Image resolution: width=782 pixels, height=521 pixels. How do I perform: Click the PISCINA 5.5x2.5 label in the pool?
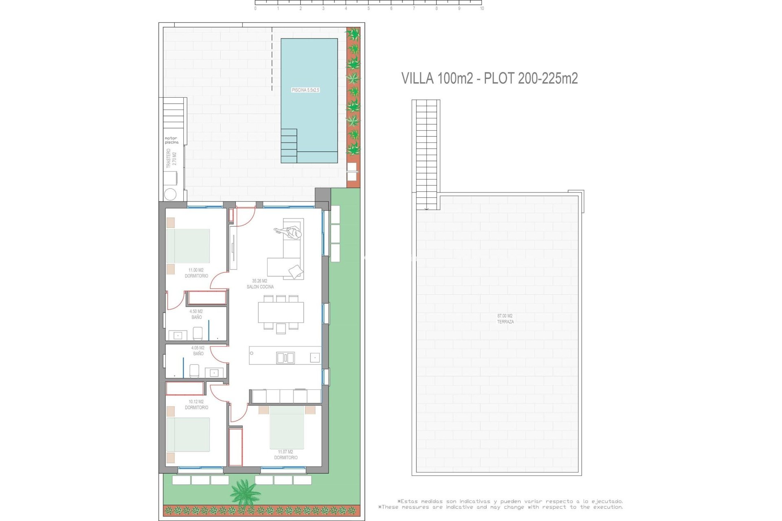305,90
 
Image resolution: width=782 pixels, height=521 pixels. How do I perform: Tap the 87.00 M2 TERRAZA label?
505,319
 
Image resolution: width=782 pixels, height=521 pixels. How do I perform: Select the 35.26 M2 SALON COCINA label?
260,284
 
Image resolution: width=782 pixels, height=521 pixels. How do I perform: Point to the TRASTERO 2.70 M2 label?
171,158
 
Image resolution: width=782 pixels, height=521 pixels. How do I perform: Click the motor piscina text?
171,140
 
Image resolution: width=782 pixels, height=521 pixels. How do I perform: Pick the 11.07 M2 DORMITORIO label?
286,455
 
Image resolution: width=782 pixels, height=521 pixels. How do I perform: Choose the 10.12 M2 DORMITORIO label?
196,405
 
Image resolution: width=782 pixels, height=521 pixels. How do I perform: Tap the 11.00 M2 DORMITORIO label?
196,273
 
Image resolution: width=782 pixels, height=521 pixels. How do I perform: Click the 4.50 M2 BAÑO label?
196,314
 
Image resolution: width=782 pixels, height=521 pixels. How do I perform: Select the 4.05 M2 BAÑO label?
198,350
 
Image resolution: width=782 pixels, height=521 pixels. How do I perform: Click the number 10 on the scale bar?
482,9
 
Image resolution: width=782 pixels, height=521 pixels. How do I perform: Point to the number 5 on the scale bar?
369,9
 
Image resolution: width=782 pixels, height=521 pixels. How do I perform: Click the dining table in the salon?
281,312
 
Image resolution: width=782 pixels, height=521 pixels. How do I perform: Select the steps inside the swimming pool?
289,145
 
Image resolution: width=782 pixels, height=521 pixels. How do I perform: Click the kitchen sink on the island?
285,358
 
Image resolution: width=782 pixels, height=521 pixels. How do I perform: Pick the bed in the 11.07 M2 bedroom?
287,427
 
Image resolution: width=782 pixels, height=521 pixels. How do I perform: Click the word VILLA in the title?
417,78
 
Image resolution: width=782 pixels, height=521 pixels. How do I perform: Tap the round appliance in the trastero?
170,194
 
